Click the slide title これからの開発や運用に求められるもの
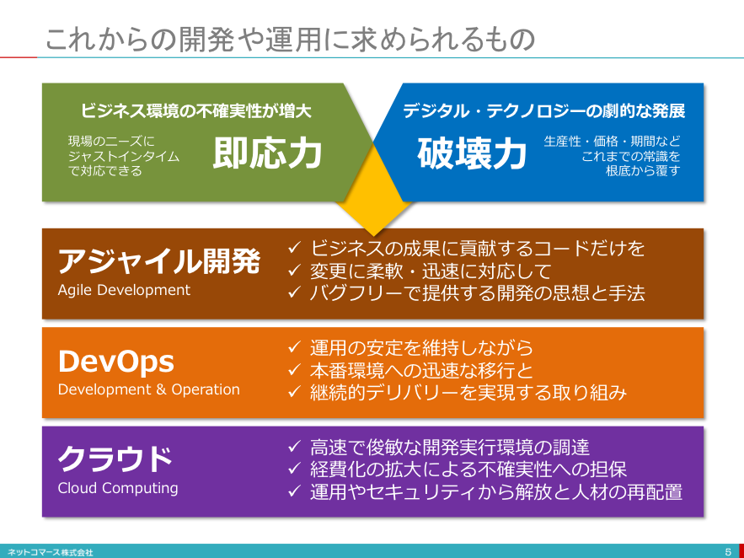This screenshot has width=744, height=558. (290, 40)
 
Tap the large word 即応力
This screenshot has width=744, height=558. (268, 153)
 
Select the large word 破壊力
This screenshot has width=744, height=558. (472, 153)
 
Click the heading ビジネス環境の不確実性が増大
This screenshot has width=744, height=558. (195, 111)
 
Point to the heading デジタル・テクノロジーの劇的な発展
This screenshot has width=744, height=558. (543, 111)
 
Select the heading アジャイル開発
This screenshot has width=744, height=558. (159, 261)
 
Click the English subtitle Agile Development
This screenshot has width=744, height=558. (124, 290)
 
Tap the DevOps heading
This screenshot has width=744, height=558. (115, 362)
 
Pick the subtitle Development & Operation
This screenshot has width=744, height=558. (148, 389)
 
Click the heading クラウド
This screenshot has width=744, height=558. (115, 459)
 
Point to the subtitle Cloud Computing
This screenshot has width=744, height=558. (118, 488)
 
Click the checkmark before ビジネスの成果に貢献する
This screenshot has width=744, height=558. (294, 247)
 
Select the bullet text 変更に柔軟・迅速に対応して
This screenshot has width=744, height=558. (431, 271)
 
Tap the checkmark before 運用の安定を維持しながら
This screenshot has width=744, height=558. (294, 347)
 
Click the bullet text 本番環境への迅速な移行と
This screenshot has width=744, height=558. (421, 371)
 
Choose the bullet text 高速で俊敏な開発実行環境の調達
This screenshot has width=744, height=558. (449, 447)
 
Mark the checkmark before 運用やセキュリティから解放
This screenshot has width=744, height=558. (294, 491)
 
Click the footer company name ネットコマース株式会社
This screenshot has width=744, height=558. (51, 553)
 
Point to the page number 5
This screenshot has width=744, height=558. (728, 552)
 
